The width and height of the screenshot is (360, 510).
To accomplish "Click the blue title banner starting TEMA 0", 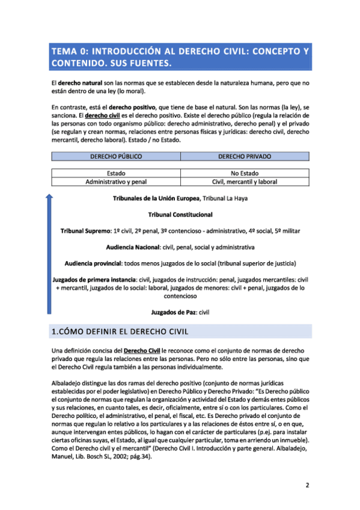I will [180, 57].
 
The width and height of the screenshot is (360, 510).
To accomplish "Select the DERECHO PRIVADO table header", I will [244, 156].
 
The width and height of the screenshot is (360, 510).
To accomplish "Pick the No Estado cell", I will [244, 173].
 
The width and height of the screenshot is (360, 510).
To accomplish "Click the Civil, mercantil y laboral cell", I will [244, 181].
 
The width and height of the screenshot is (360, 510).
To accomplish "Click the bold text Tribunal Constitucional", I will [180, 214].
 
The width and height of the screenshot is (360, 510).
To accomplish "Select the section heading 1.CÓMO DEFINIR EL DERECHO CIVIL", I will [120, 331].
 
